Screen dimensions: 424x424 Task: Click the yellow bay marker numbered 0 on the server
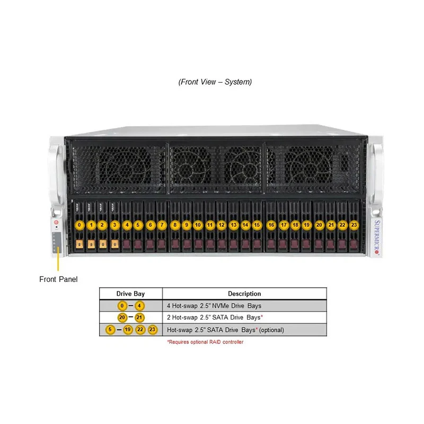coord(79,225)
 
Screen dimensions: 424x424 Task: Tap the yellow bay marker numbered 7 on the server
coord(162,225)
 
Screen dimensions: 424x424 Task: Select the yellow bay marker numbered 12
coord(222,225)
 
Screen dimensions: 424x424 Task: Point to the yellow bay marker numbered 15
coord(257,225)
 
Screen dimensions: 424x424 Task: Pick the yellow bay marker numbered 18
coord(295,225)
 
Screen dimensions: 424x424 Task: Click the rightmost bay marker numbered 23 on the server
coord(354,225)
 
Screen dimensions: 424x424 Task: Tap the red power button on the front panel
coord(56,222)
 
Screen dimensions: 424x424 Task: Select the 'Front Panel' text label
coord(58,279)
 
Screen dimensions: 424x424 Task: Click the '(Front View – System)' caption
coord(215,82)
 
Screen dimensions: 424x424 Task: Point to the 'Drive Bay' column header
coord(130,294)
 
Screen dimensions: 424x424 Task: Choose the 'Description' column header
coord(244,294)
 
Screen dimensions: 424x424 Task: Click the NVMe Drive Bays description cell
coord(214,306)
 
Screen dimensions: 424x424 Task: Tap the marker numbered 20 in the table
coord(122,317)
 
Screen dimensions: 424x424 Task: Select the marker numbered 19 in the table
coord(128,330)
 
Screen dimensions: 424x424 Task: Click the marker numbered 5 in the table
coord(110,330)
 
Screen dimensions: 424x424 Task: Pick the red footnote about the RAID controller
coord(205,342)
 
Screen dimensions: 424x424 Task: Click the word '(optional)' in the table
coord(271,330)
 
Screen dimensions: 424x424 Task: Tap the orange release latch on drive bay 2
coord(103,244)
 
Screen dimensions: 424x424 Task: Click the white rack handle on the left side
coord(57,173)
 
